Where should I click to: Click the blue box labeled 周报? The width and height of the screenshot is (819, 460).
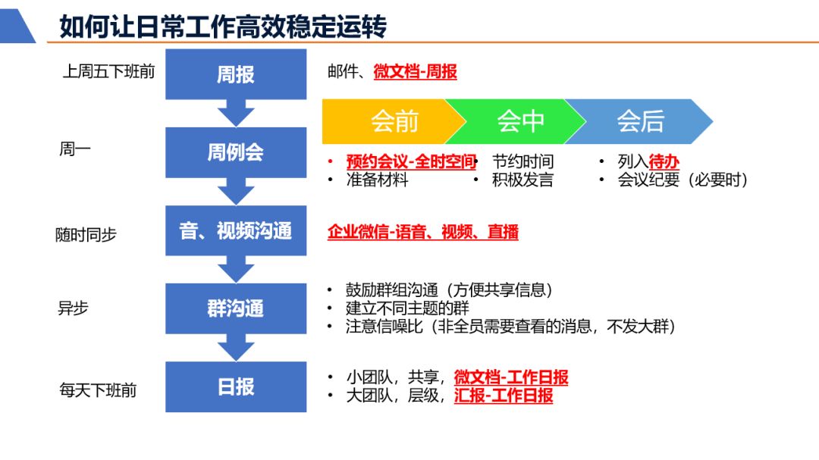tap(236, 74)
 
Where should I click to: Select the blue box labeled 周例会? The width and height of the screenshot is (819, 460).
tap(236, 152)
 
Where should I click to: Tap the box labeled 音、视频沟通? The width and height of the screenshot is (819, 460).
tap(236, 231)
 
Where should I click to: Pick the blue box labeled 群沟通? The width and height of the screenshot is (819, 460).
tap(236, 309)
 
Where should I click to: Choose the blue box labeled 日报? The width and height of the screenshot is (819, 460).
tap(236, 386)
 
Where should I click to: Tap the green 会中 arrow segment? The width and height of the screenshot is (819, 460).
tap(519, 121)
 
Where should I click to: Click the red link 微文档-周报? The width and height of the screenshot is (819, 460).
tap(415, 72)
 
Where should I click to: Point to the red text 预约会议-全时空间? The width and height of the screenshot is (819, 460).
tap(410, 161)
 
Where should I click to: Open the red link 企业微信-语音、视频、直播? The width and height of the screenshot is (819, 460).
tap(423, 232)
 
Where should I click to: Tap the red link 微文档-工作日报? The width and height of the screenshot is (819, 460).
tap(511, 377)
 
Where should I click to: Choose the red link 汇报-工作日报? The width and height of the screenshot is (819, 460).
tap(504, 395)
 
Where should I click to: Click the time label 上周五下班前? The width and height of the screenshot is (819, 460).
tap(108, 72)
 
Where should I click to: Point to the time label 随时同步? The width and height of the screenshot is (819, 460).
tap(86, 235)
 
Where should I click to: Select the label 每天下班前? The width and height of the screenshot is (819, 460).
tap(98, 390)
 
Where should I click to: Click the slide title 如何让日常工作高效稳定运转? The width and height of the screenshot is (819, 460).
tap(223, 27)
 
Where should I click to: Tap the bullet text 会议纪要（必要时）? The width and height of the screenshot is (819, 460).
tap(682, 180)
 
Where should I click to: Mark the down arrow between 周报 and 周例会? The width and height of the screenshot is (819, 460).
tap(236, 113)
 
